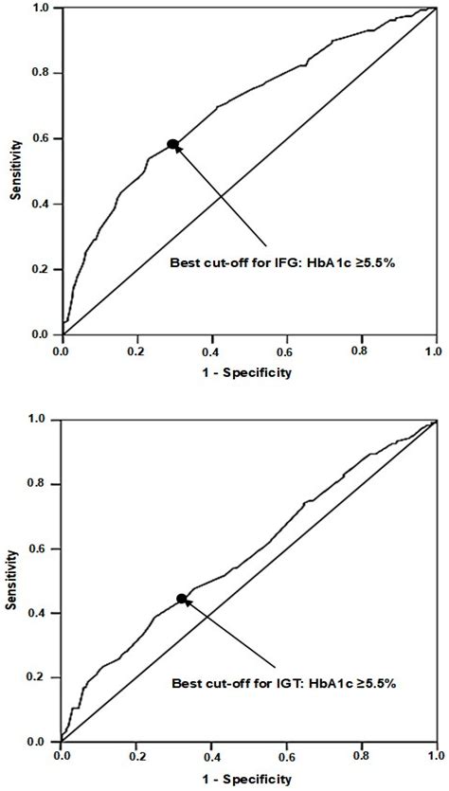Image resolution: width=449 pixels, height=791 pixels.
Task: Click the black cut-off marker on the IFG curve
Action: coord(172,144)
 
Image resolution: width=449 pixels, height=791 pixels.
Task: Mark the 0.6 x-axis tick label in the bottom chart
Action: coord(286,758)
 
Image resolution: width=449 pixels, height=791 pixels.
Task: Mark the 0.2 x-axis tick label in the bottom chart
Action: coord(136,758)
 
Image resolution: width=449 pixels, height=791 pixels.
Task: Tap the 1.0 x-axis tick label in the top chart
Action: coord(435,351)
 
